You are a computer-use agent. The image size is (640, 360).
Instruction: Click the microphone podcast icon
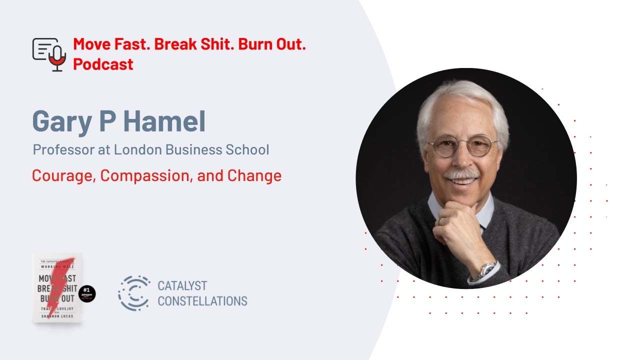pos(49,54)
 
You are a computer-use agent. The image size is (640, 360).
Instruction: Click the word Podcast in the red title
pos(103,64)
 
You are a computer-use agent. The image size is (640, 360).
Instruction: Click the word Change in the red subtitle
pos(254,176)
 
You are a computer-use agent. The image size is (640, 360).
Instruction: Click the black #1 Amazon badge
pos(86,293)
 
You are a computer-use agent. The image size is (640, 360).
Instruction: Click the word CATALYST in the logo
pos(182,286)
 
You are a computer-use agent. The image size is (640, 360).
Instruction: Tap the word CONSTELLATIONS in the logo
pos(202,301)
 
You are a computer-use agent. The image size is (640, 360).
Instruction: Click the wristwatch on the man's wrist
pos(486,270)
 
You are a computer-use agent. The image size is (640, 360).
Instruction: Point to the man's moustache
pos(460,175)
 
